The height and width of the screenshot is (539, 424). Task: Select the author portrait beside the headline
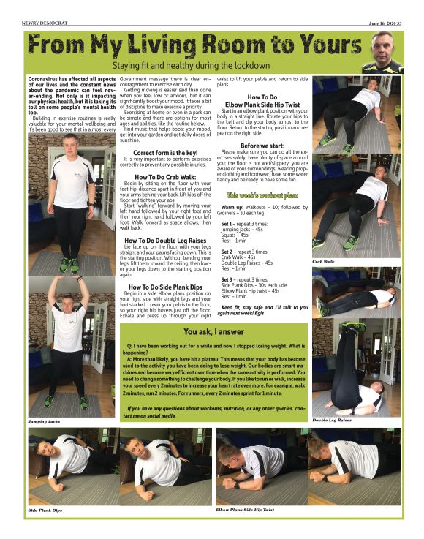(x=385, y=51)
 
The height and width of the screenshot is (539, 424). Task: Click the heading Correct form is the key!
(x=166, y=152)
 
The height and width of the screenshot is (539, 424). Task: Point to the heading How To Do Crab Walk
(x=166, y=177)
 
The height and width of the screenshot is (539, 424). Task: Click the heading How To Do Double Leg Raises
(x=166, y=240)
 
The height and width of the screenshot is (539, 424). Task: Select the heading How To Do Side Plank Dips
(x=166, y=287)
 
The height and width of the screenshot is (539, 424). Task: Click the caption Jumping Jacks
(x=44, y=422)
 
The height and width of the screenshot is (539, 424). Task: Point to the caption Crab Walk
(x=323, y=261)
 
